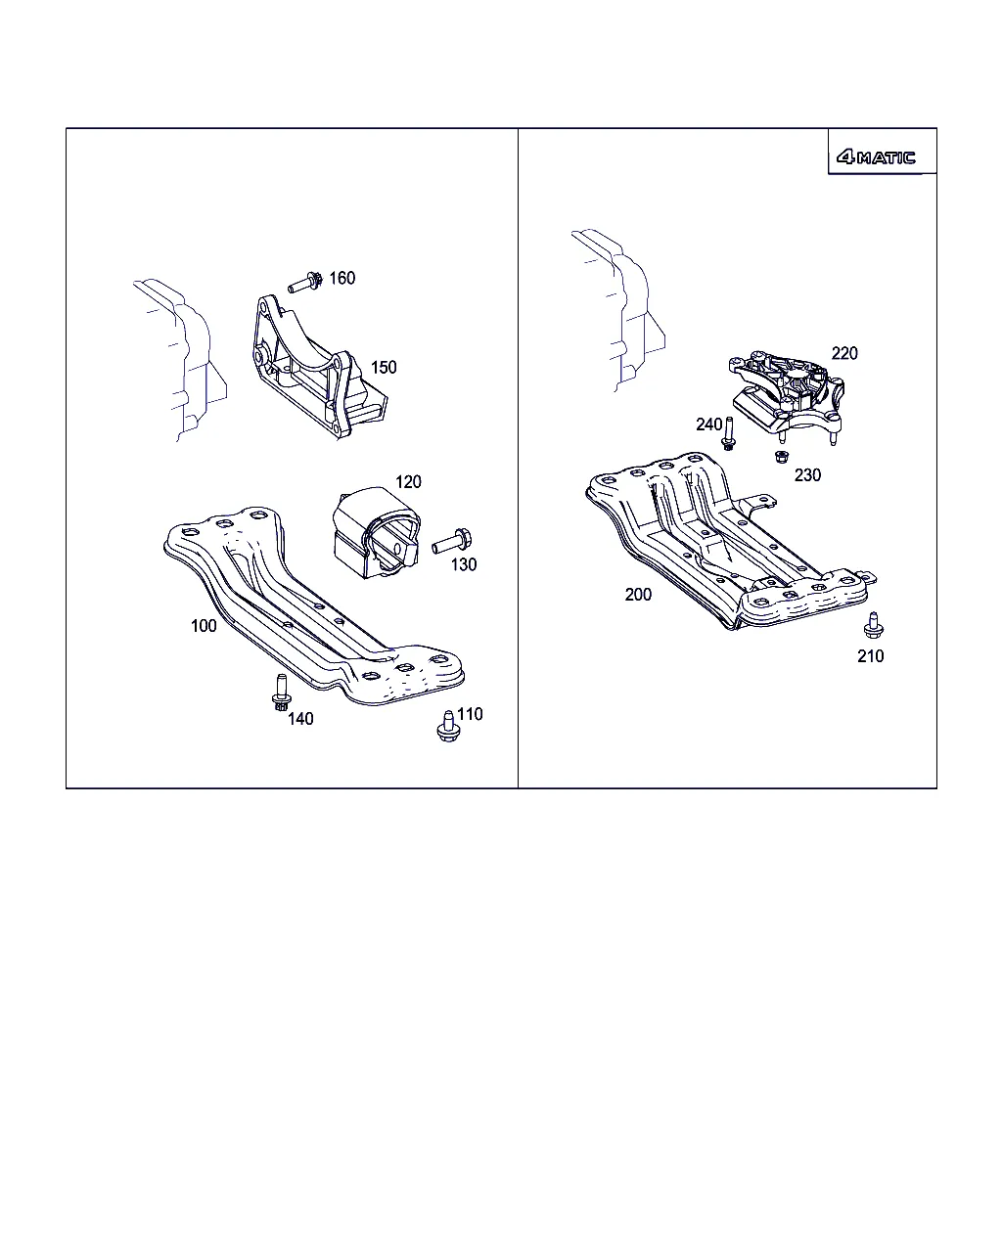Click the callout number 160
click(x=342, y=278)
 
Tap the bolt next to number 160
click(x=305, y=282)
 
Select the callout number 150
click(x=384, y=367)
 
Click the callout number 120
click(x=408, y=481)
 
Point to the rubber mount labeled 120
click(x=376, y=533)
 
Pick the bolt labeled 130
click(x=452, y=541)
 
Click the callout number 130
click(x=464, y=564)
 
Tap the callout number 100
click(x=204, y=625)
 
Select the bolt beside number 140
click(x=281, y=692)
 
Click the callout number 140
click(x=300, y=719)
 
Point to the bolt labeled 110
click(x=448, y=726)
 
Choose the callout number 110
click(x=470, y=714)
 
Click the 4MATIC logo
click(x=876, y=157)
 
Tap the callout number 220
click(x=844, y=353)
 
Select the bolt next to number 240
click(x=728, y=433)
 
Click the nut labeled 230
click(x=782, y=457)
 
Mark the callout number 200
click(x=638, y=595)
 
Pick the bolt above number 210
click(x=873, y=625)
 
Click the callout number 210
click(x=871, y=655)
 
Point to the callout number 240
click(x=709, y=425)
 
